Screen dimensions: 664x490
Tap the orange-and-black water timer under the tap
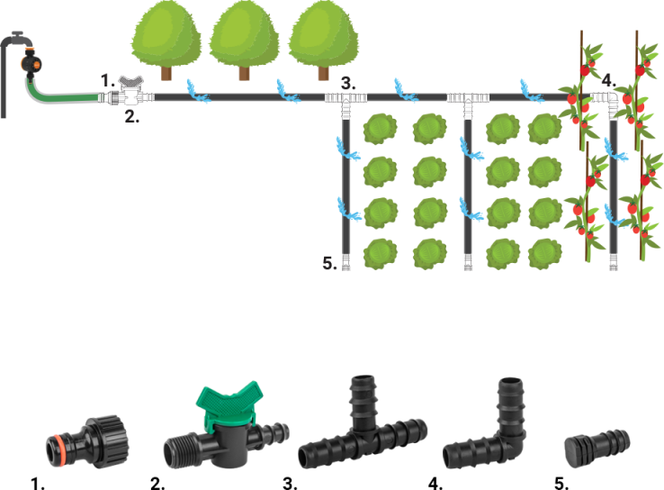(31, 64)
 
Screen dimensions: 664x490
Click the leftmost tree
(166, 41)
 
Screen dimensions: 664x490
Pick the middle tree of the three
(245, 41)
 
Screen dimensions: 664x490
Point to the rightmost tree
(323, 41)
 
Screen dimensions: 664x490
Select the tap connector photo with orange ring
(86, 441)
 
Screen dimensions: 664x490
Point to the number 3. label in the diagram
(348, 84)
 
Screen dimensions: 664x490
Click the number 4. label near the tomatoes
(608, 80)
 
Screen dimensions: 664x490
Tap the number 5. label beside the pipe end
(329, 263)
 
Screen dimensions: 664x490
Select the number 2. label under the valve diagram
(131, 116)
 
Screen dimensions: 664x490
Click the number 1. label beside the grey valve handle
(108, 80)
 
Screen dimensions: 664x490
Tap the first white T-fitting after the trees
(345, 101)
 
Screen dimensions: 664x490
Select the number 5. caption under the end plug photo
(561, 484)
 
